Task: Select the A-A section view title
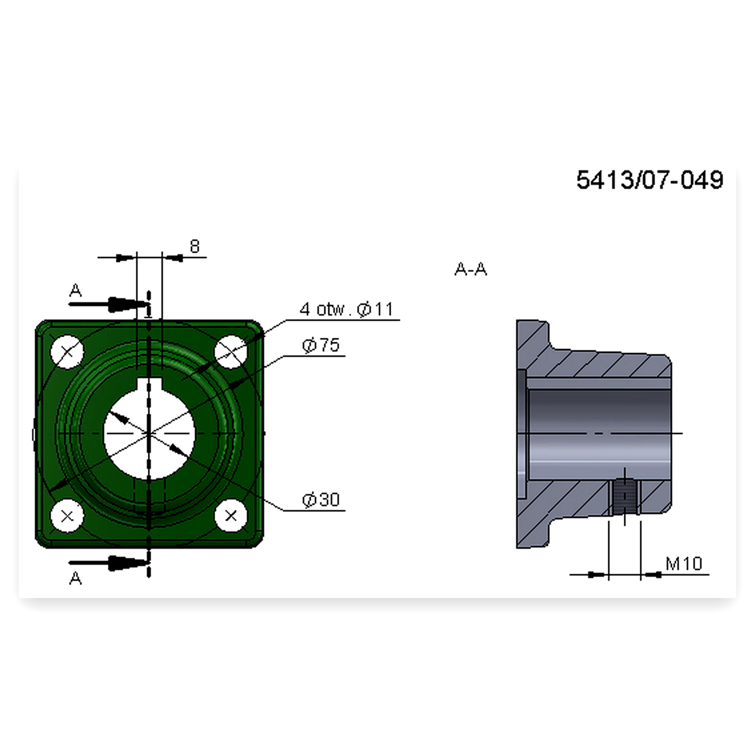[470, 269]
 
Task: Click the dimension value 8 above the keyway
[195, 246]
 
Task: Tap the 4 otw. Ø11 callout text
[346, 309]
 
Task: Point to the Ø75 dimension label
[321, 345]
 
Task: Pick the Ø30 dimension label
[321, 500]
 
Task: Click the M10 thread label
[684, 563]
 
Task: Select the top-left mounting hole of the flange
[67, 352]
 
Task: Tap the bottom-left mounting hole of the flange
[67, 516]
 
